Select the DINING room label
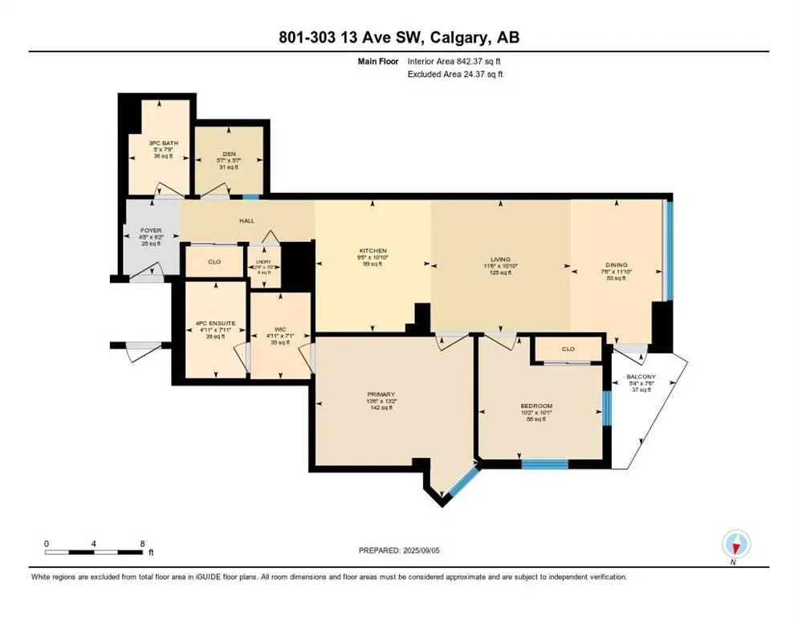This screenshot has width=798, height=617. coord(617,265)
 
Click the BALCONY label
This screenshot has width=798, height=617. coord(641,377)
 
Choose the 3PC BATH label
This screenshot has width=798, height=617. coord(165,143)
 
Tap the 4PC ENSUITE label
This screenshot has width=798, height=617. coord(214,325)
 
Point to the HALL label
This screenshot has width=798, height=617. coord(247,219)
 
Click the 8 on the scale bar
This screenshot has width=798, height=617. coord(142,544)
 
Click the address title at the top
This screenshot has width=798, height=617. coord(398,38)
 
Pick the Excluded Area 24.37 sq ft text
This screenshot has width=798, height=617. coord(455,74)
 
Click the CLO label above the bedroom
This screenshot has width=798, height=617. coord(568,349)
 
